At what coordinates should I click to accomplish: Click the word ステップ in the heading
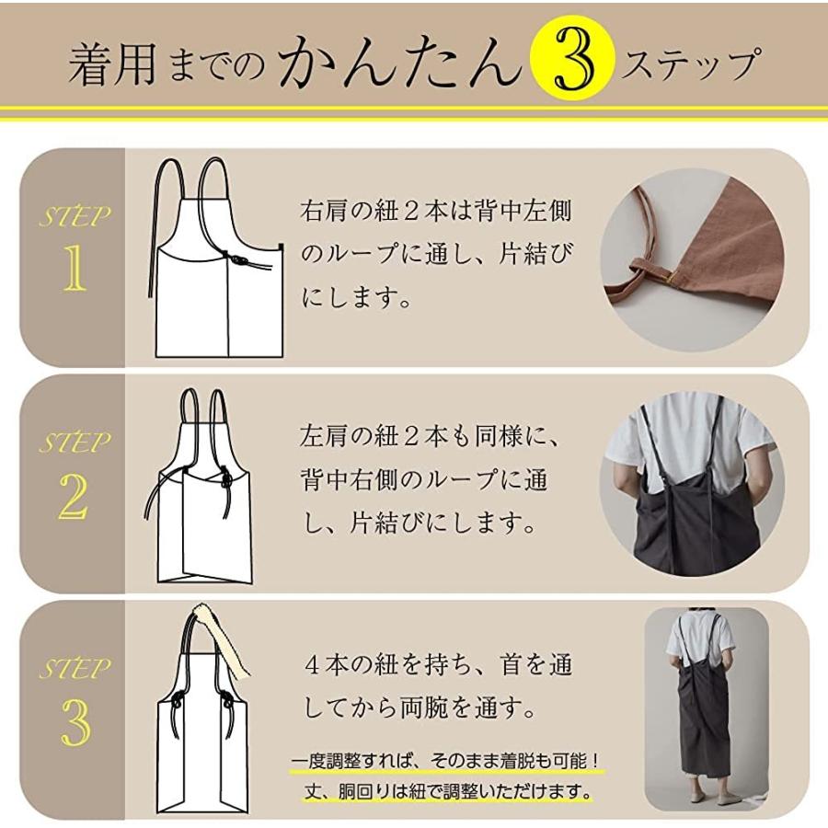(x=691, y=65)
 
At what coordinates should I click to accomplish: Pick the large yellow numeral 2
(x=73, y=498)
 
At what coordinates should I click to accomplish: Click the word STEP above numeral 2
(x=74, y=443)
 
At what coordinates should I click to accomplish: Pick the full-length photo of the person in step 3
(x=704, y=713)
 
